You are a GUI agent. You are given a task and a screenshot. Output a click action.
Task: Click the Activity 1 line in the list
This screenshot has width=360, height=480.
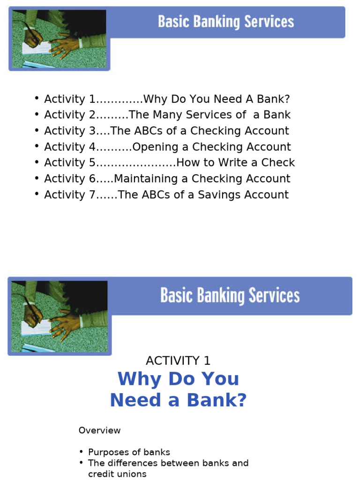pyautogui.click(x=167, y=99)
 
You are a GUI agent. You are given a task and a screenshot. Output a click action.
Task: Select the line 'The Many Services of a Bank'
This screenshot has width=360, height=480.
pyautogui.click(x=210, y=115)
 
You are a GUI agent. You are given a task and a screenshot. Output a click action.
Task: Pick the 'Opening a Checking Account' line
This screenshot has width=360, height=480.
pyautogui.click(x=211, y=147)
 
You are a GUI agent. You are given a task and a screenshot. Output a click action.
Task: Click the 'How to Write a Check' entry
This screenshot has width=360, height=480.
pyautogui.click(x=235, y=163)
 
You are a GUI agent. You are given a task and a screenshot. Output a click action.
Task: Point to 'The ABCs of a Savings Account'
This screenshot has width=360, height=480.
pyautogui.click(x=203, y=195)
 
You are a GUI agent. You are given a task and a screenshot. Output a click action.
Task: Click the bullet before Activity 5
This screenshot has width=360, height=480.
pyautogui.click(x=37, y=162)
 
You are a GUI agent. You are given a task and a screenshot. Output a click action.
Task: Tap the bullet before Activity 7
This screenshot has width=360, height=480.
pyautogui.click(x=37, y=194)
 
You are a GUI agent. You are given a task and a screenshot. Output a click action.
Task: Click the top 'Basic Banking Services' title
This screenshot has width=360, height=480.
pyautogui.click(x=226, y=22)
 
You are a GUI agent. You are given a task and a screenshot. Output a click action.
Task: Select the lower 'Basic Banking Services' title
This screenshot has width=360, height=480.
pyautogui.click(x=230, y=296)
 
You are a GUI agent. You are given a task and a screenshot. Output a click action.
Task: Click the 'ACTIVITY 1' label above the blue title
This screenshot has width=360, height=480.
pyautogui.click(x=178, y=360)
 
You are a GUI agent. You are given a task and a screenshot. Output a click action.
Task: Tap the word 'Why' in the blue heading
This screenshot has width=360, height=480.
pyautogui.click(x=139, y=379)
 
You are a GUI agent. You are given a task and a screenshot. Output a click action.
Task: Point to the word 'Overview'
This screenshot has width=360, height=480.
pyautogui.click(x=99, y=430)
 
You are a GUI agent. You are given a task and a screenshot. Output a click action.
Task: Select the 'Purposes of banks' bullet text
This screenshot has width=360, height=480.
pyautogui.click(x=129, y=452)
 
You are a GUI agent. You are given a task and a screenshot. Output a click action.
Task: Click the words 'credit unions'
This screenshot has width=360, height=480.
pyautogui.click(x=117, y=474)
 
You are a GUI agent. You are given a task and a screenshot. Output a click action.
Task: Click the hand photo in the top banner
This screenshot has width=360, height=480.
pyautogui.click(x=59, y=39)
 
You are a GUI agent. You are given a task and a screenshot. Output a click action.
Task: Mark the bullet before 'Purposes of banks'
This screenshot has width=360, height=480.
pyautogui.click(x=82, y=452)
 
